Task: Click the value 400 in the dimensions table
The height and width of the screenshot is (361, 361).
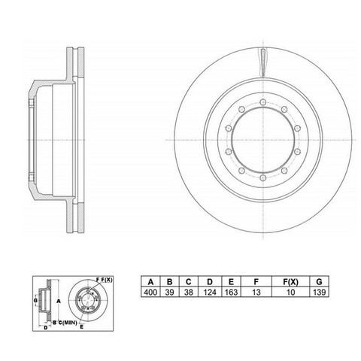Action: [x=150, y=292]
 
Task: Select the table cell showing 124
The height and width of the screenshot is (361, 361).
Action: [x=210, y=292]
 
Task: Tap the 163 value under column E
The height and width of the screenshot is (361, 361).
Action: [x=231, y=292]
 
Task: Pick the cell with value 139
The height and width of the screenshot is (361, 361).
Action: [x=319, y=292]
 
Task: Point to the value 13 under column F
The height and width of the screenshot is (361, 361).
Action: [x=256, y=292]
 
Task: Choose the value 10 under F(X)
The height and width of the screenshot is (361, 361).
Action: [x=290, y=292]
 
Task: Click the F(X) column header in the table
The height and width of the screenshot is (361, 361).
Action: [x=290, y=282]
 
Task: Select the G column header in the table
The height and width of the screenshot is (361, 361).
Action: [x=319, y=282]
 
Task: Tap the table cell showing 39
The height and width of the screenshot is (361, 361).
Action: [x=170, y=292]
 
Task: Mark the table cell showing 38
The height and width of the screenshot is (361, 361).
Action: [x=189, y=292]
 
